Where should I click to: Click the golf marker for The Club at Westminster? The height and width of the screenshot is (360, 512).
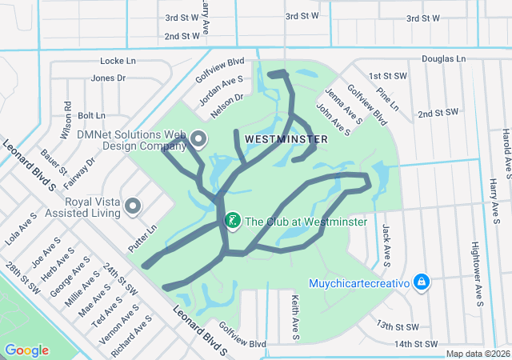[x=233, y=221]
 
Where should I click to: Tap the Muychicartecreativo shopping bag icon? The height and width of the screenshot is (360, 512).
[x=422, y=282]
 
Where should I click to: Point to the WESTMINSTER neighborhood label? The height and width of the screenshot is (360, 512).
[x=286, y=139]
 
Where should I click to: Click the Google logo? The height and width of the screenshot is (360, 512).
[x=26, y=350]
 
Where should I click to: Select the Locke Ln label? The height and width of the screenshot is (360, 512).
[x=118, y=61]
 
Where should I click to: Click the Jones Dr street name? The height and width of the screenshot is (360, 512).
[x=108, y=78]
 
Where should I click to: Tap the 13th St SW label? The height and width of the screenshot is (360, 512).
[x=398, y=326]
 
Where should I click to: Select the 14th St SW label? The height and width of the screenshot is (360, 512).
[x=418, y=344]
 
